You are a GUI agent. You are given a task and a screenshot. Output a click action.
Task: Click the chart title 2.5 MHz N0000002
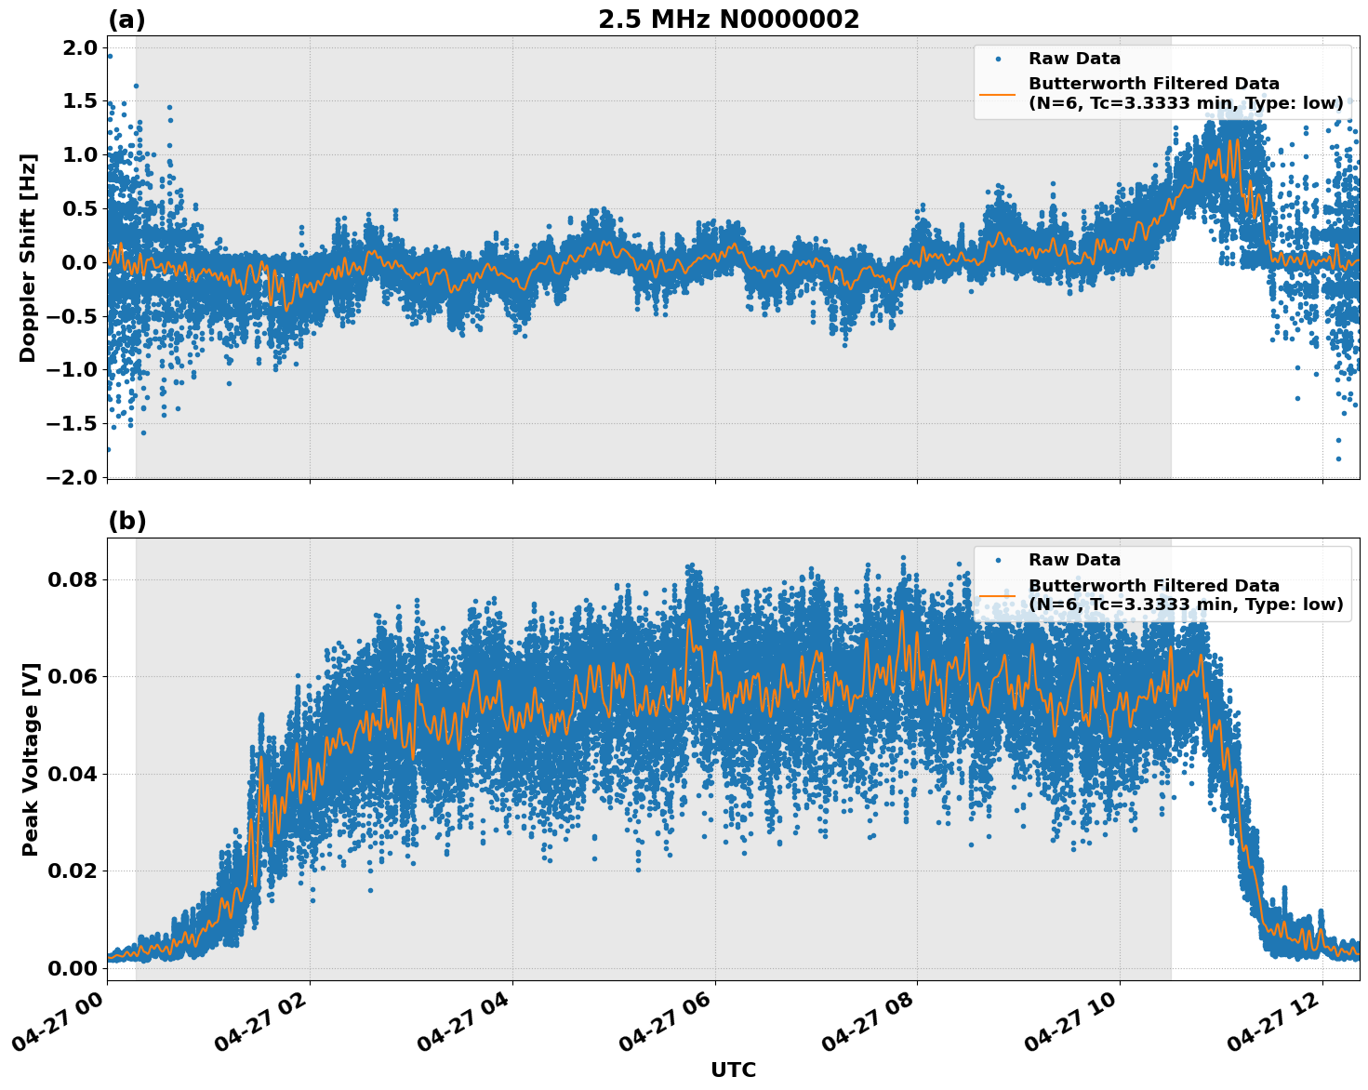(x=728, y=20)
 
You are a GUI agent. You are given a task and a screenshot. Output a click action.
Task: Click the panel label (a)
(x=126, y=20)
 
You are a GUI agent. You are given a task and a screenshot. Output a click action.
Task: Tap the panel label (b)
(x=126, y=521)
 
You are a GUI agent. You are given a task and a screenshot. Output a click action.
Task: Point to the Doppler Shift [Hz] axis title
(x=28, y=258)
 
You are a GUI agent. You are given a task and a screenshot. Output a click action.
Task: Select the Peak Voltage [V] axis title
(x=31, y=759)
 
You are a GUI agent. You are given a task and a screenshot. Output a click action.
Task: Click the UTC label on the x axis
(x=733, y=1070)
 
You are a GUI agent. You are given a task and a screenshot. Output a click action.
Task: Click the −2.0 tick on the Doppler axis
(x=72, y=477)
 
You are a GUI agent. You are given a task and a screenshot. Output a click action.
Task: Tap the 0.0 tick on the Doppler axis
(x=79, y=262)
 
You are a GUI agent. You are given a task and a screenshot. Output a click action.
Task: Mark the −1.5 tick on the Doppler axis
(x=72, y=424)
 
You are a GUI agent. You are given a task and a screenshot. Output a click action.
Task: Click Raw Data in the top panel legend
(x=1074, y=59)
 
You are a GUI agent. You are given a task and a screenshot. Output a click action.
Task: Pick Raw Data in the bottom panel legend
(x=1074, y=560)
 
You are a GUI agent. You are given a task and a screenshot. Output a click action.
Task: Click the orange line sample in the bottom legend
(x=998, y=595)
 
